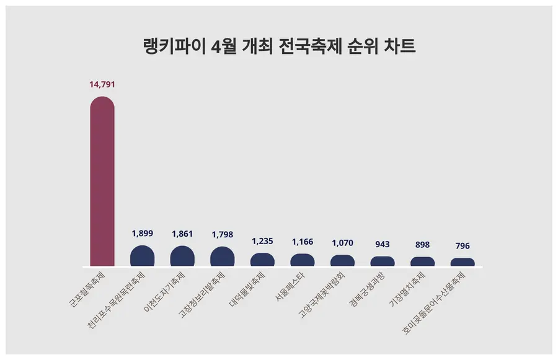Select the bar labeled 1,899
pos(142,257)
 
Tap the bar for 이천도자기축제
pos(182,257)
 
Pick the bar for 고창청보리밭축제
pos(223,257)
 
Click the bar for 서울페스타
pos(303,260)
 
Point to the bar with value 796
pos(463,262)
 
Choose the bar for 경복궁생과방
pos(383,261)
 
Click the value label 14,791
pos(102,84)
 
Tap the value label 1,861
pos(182,234)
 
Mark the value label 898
pos(422,245)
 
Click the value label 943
pos(383,244)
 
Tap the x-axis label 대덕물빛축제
pos(248,289)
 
